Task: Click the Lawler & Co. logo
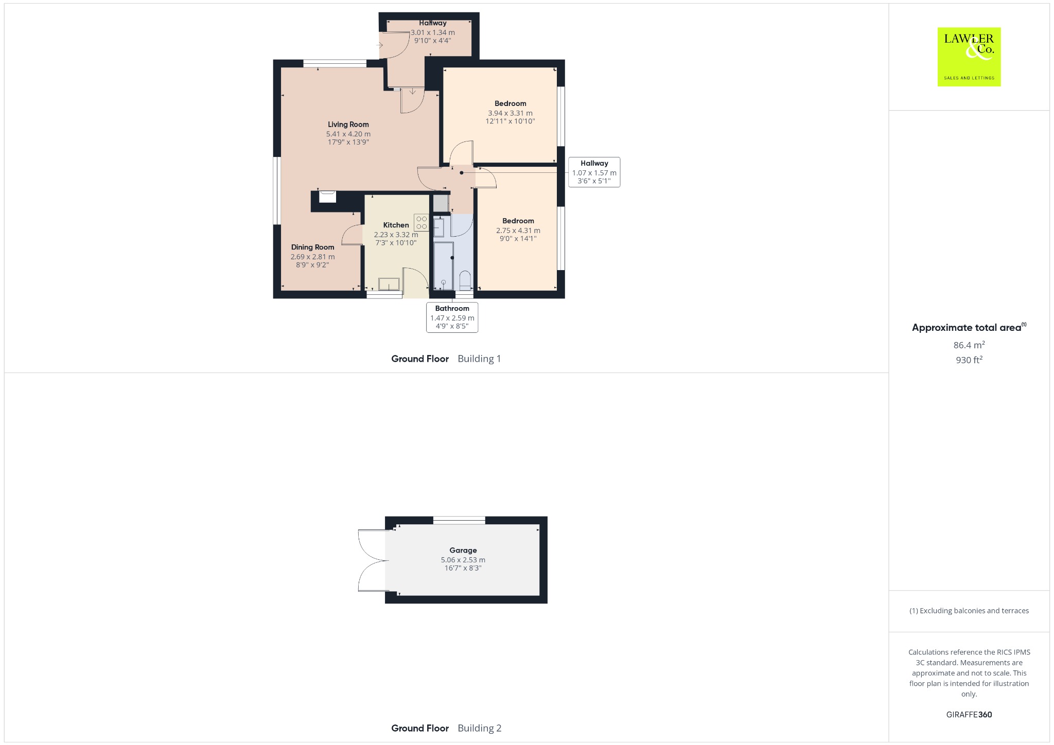pyautogui.click(x=969, y=57)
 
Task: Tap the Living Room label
pyautogui.click(x=348, y=125)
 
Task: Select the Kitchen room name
pyautogui.click(x=396, y=225)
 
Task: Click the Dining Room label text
pyautogui.click(x=313, y=247)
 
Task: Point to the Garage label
pyautogui.click(x=463, y=551)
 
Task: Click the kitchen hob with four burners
pyautogui.click(x=421, y=222)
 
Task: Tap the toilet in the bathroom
pyautogui.click(x=465, y=279)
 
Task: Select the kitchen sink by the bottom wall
pyautogui.click(x=389, y=284)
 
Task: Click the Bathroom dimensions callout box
pyautogui.click(x=452, y=317)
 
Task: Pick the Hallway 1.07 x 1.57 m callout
pyautogui.click(x=594, y=172)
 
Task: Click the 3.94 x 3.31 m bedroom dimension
pyautogui.click(x=511, y=113)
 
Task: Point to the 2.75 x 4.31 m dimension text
pyautogui.click(x=518, y=230)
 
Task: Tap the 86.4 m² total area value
pyautogui.click(x=969, y=345)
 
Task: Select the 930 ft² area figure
pyautogui.click(x=969, y=360)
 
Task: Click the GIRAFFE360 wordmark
pyautogui.click(x=969, y=715)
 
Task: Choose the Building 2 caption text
pyautogui.click(x=480, y=728)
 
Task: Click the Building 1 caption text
pyautogui.click(x=480, y=359)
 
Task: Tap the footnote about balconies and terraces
pyautogui.click(x=969, y=611)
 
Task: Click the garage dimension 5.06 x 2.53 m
pyautogui.click(x=463, y=560)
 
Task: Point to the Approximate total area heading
pyautogui.click(x=969, y=327)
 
